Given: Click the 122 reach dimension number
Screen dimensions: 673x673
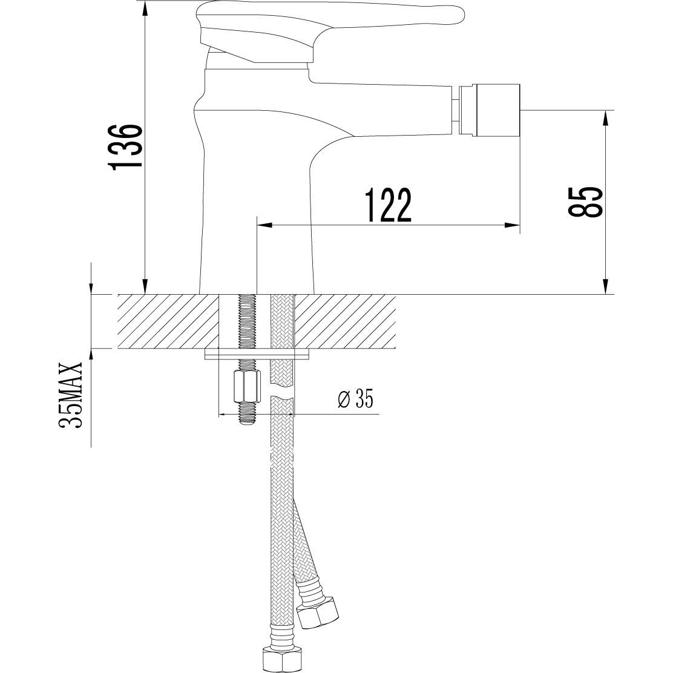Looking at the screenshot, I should tap(388, 205).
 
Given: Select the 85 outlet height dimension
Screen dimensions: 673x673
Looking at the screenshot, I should tap(585, 202).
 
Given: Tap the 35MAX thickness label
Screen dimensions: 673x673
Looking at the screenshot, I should tap(71, 396).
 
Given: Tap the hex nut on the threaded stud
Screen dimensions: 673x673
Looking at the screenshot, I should tap(246, 386).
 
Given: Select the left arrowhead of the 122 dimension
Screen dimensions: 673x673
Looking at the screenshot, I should tap(264, 226).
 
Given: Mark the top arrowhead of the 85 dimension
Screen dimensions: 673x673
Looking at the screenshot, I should tap(605, 117).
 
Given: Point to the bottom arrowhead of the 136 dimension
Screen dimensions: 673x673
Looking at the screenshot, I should tap(145, 287).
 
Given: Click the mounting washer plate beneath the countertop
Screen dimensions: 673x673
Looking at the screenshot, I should tap(257, 353).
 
